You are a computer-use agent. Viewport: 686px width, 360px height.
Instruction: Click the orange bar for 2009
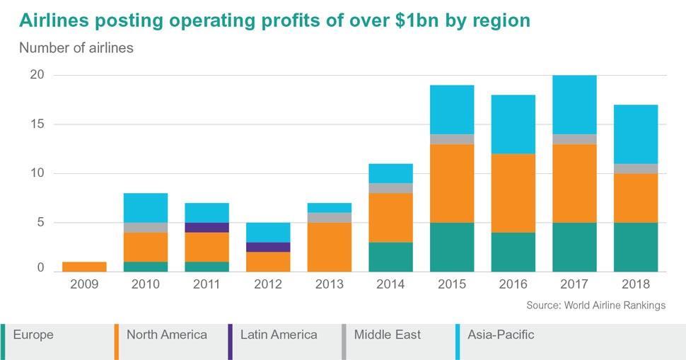pyautogui.click(x=84, y=267)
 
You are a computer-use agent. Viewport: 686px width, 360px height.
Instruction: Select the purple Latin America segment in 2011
pyautogui.click(x=207, y=228)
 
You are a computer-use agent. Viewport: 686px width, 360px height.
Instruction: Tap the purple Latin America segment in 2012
pyautogui.click(x=268, y=247)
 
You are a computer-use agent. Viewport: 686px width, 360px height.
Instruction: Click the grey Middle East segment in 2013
pyautogui.click(x=329, y=218)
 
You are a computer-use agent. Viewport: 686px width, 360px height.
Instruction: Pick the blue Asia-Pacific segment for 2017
pyautogui.click(x=574, y=105)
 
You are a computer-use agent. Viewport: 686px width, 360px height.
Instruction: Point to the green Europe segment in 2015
pyautogui.click(x=452, y=247)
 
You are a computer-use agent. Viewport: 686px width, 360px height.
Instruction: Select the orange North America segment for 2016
pyautogui.click(x=513, y=193)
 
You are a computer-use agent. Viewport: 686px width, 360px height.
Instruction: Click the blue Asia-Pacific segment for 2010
pyautogui.click(x=146, y=208)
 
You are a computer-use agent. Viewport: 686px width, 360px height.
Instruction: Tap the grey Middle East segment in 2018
pyautogui.click(x=636, y=168)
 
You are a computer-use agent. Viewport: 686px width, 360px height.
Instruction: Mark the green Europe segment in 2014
pyautogui.click(x=390, y=257)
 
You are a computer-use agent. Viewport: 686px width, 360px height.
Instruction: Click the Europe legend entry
pyautogui.click(x=33, y=335)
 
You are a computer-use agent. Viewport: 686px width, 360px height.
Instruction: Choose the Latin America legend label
pyautogui.click(x=279, y=335)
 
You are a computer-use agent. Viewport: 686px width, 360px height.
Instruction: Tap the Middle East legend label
pyautogui.click(x=387, y=335)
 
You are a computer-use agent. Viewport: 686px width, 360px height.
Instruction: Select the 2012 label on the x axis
pyautogui.click(x=268, y=284)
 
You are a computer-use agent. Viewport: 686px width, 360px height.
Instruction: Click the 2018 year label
pyautogui.click(x=636, y=284)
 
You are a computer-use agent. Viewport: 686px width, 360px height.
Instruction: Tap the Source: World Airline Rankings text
pyautogui.click(x=595, y=306)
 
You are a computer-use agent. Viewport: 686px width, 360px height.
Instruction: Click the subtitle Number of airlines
pyautogui.click(x=76, y=49)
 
